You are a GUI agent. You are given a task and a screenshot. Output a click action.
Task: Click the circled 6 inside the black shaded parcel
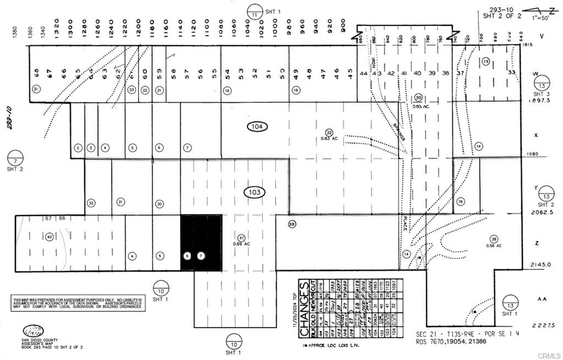click(187, 256)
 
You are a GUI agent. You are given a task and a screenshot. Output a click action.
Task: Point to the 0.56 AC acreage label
click(494, 246)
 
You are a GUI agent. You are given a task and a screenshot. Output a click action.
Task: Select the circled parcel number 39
click(292, 224)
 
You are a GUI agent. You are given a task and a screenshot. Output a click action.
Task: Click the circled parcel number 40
click(49, 237)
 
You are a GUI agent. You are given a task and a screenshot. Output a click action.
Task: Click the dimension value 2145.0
click(540, 264)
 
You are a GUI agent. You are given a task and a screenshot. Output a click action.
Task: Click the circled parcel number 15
click(485, 62)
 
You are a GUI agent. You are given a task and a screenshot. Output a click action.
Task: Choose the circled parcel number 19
click(227, 90)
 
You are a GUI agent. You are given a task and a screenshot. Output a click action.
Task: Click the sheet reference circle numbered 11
click(254, 11)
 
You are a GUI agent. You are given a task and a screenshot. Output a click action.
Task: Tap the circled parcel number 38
click(494, 239)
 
